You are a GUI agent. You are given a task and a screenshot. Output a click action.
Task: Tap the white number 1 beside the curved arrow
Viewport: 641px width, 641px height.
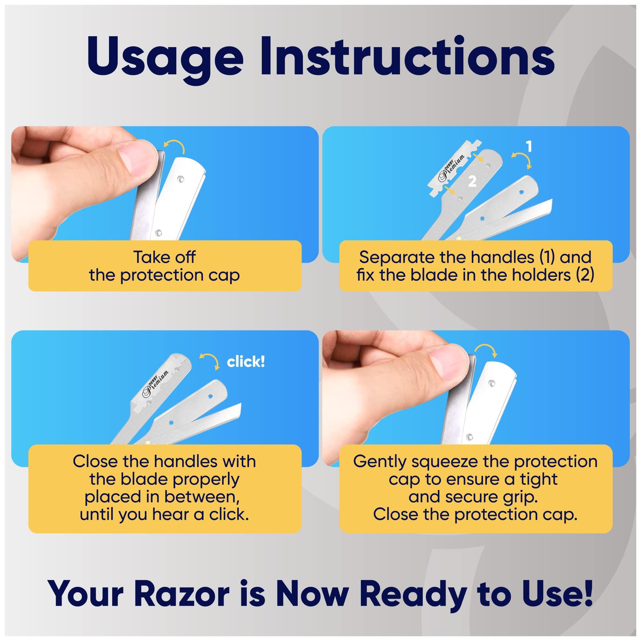tap(529, 146)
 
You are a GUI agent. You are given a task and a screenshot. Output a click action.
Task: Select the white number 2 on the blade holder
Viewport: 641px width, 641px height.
tap(472, 181)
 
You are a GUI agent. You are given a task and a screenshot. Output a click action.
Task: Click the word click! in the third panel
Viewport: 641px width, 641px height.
tap(246, 362)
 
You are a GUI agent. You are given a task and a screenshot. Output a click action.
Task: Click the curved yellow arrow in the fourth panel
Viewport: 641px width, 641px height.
tap(485, 350)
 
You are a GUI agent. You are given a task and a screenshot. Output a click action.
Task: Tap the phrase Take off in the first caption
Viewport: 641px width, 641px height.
tap(164, 257)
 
